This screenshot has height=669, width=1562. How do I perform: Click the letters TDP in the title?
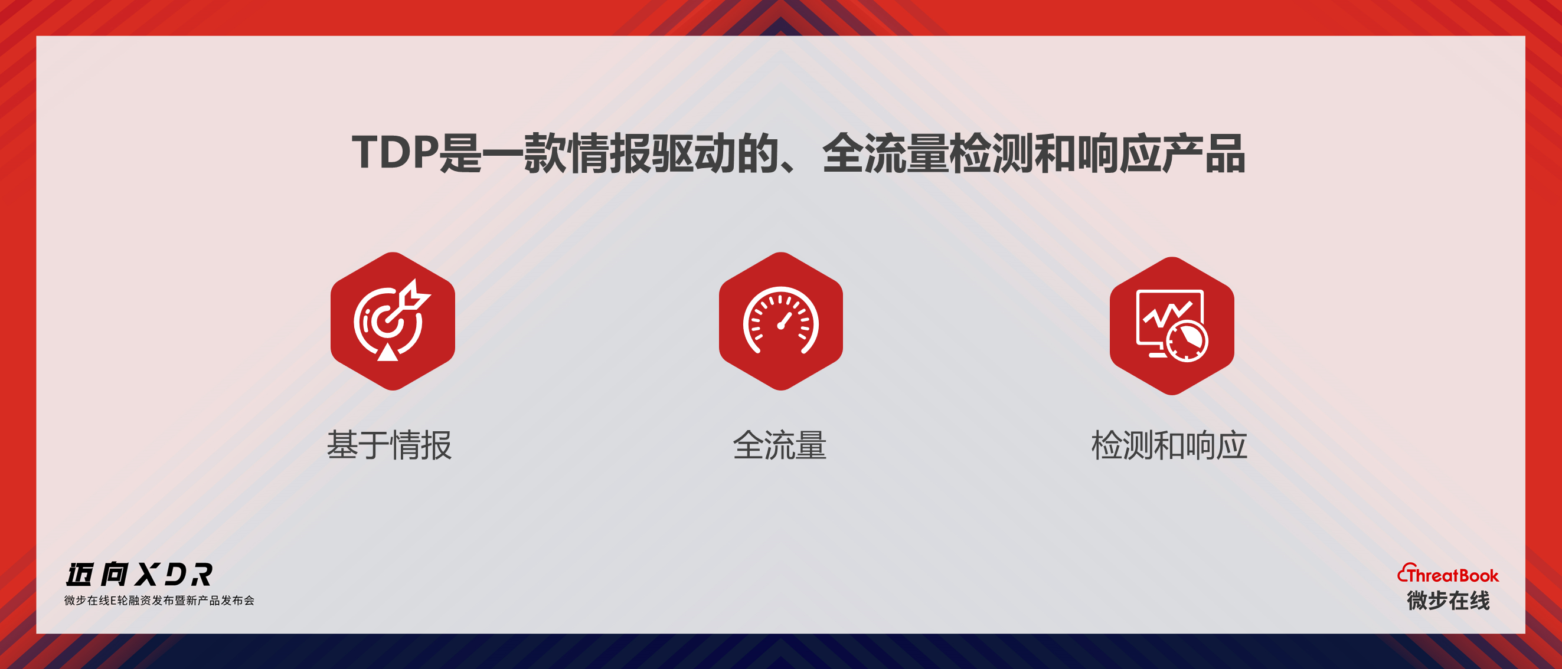click(x=395, y=153)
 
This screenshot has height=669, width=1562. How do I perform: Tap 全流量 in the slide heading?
click(x=885, y=153)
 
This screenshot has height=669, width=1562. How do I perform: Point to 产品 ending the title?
click(x=1204, y=153)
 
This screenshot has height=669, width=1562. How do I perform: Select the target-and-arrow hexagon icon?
click(x=393, y=321)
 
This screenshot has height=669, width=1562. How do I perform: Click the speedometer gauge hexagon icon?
click(x=781, y=321)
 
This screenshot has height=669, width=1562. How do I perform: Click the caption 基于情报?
click(x=389, y=445)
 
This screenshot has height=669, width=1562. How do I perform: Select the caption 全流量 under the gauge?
click(x=780, y=445)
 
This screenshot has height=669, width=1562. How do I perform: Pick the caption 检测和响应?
click(x=1169, y=445)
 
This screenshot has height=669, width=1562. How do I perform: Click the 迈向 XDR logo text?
click(x=139, y=575)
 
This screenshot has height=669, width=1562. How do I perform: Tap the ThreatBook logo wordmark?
click(x=1448, y=574)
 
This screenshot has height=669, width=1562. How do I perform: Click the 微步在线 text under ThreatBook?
click(x=1448, y=601)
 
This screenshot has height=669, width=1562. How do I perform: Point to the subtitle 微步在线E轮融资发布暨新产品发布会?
click(x=159, y=601)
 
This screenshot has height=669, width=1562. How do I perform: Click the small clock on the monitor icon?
click(x=1187, y=341)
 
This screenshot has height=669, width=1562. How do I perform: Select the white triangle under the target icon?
click(x=387, y=352)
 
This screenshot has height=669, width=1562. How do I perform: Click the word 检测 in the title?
click(x=991, y=153)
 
